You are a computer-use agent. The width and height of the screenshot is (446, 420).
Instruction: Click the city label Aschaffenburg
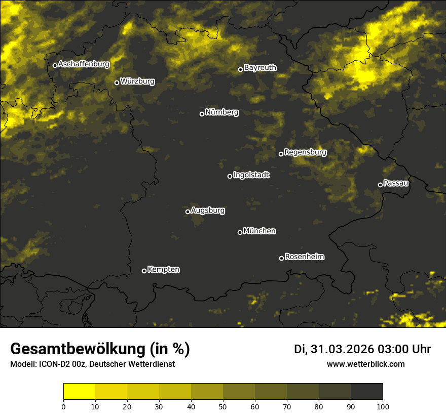[84, 64]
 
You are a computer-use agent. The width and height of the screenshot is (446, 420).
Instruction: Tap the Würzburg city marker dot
[117, 82]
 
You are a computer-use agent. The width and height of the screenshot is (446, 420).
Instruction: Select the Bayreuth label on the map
[260, 67]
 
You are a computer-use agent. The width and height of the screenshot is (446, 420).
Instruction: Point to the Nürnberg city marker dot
[202, 114]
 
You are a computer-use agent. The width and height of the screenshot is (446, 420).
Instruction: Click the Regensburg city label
[305, 152]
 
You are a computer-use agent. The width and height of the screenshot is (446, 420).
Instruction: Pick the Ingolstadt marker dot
[230, 176]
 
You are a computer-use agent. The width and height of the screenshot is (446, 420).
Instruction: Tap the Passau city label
[396, 183]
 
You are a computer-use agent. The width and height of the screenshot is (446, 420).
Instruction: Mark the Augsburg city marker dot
[188, 212]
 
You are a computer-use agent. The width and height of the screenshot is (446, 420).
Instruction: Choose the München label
[259, 231]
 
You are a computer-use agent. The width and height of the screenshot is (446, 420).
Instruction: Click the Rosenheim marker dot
[281, 258]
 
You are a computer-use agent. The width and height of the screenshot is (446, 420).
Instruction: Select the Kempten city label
[163, 269]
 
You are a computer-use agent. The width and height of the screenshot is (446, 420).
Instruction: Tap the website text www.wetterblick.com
[365, 364]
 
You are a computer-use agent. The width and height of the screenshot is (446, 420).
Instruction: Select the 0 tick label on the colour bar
[63, 406]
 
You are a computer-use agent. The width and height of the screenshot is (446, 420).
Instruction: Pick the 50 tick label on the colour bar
[223, 406]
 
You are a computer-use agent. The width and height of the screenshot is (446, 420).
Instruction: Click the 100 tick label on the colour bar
[383, 406]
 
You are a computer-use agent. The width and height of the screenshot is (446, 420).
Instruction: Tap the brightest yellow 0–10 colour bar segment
[79, 391]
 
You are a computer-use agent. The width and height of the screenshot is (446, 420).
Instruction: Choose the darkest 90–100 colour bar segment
[366, 391]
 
